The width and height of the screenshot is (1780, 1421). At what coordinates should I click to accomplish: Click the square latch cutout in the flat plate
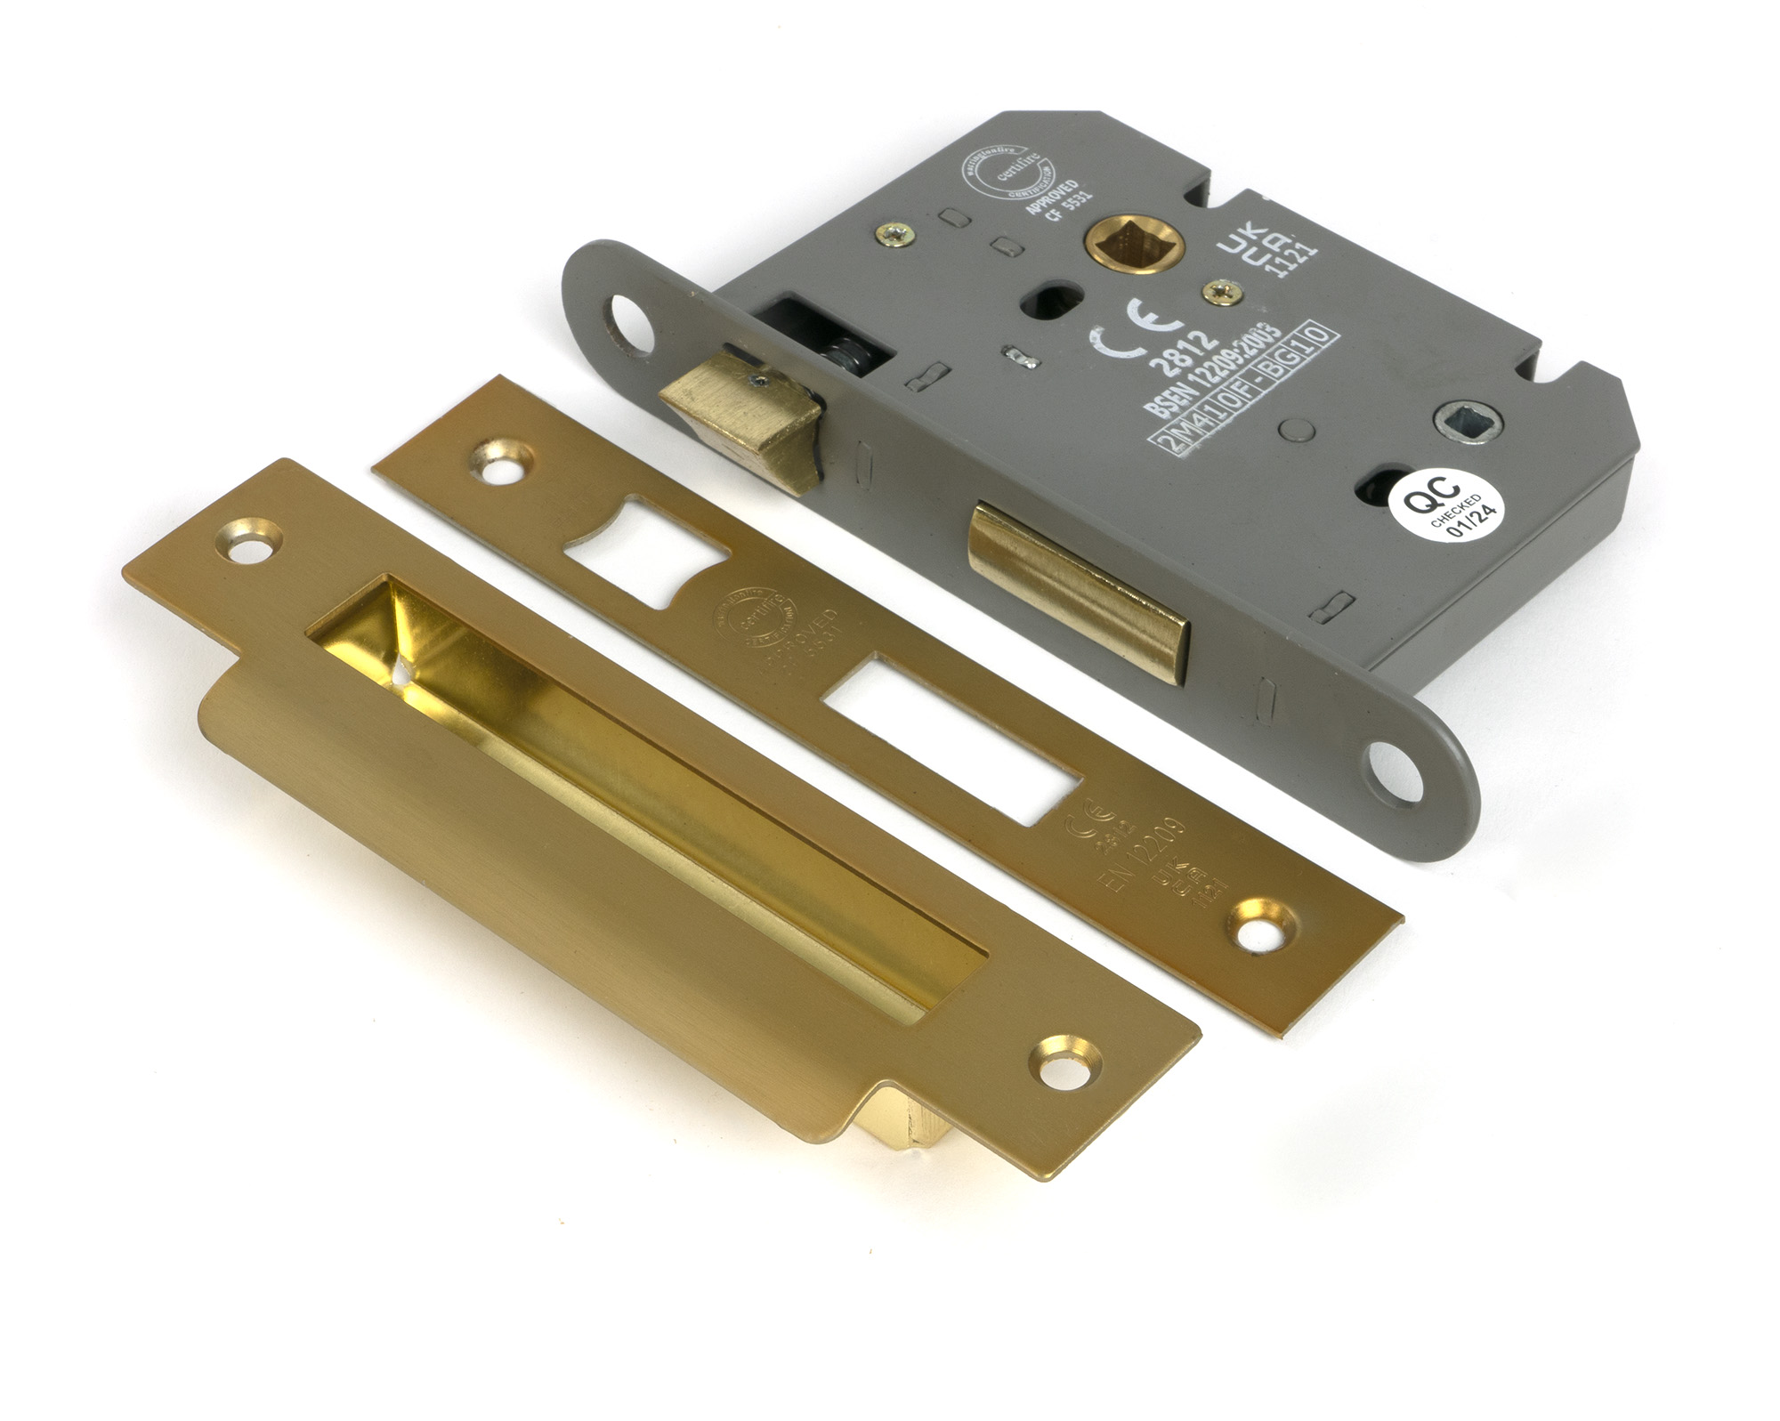643,550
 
